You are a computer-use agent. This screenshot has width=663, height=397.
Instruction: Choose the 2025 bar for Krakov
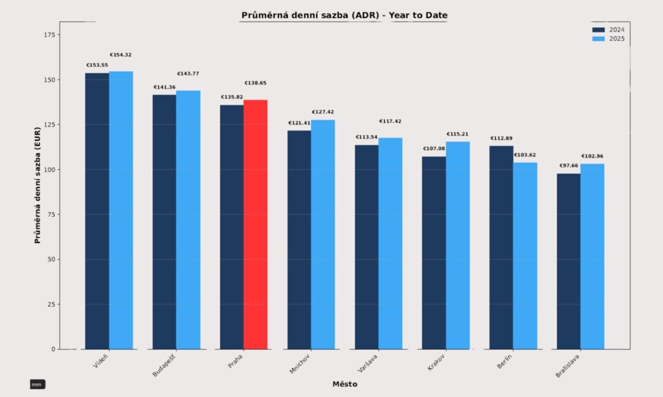point(458,245)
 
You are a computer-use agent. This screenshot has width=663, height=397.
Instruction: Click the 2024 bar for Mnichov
point(299,240)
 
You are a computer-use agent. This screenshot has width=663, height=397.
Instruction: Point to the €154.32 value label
point(120,55)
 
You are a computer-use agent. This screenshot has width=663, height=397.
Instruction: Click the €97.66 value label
point(568,166)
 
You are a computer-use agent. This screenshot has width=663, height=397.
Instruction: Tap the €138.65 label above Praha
point(255,83)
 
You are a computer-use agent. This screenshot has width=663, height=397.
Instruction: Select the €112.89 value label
point(501,138)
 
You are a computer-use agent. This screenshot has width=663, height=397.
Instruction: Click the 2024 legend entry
point(608,30)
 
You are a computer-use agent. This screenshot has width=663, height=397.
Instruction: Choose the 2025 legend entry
point(608,39)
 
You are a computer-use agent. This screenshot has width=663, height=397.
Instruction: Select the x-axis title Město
point(344,384)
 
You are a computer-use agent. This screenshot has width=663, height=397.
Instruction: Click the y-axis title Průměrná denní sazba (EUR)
point(38,185)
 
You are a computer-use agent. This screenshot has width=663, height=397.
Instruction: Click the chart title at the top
point(344,15)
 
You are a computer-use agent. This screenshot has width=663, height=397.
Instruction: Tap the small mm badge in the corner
point(37,385)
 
